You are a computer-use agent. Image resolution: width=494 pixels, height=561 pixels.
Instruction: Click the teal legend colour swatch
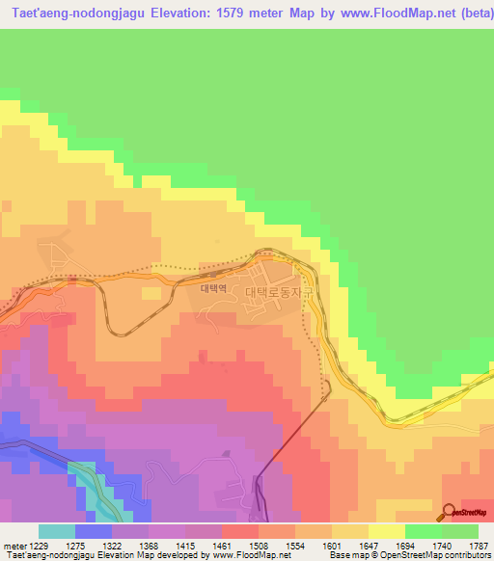56,531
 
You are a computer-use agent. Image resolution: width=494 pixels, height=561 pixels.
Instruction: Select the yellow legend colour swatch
386,531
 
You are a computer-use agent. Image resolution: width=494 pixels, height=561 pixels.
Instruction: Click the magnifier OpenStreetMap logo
450,512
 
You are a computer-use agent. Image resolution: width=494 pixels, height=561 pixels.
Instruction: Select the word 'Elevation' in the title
170,13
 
